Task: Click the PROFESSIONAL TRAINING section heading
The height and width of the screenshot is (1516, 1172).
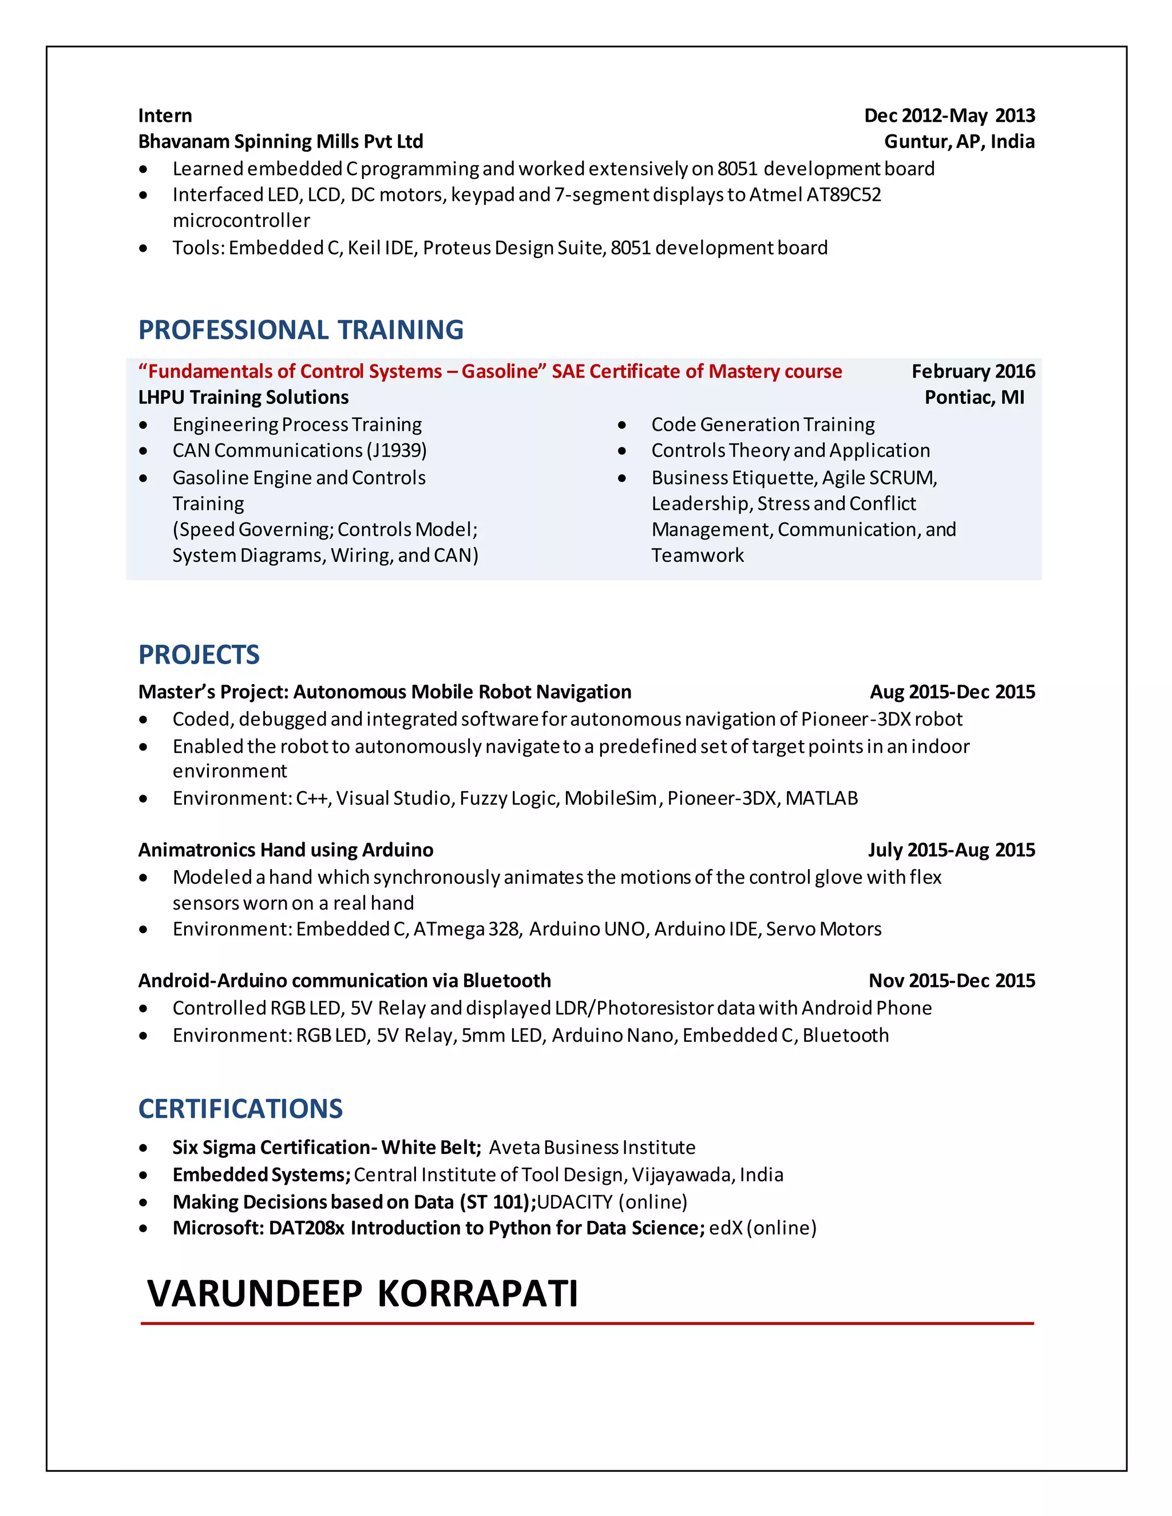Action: (300, 330)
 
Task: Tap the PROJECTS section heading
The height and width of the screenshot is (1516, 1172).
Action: (199, 654)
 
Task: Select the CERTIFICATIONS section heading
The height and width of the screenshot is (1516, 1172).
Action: (240, 1109)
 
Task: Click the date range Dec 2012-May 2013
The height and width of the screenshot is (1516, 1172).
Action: (949, 115)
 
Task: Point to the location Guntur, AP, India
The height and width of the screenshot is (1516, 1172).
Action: (959, 142)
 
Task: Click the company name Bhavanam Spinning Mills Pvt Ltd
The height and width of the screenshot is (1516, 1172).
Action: (280, 142)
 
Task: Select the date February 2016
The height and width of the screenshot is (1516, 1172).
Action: (973, 371)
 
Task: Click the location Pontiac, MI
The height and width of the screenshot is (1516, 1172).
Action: (974, 397)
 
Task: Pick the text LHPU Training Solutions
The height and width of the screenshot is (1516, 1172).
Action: (243, 397)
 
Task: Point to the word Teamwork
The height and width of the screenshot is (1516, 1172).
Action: (697, 555)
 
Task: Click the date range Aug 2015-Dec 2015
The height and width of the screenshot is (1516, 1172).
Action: (952, 692)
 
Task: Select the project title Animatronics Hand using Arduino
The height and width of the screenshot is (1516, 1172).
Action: (286, 850)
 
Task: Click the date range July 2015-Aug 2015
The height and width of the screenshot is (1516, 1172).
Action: (951, 850)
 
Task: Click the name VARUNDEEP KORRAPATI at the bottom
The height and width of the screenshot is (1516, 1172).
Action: (362, 1293)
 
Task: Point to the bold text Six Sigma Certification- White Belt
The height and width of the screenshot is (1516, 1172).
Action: (326, 1148)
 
